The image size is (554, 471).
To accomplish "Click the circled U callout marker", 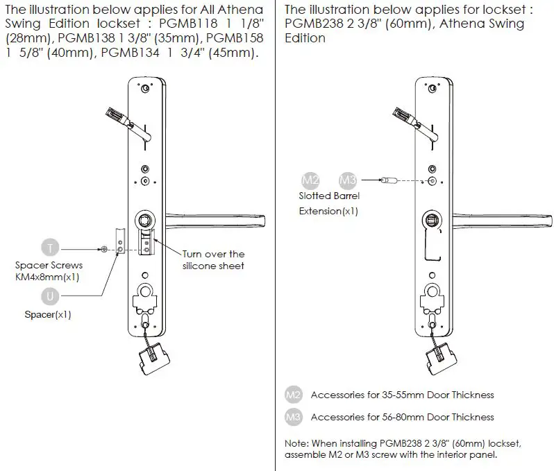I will click(x=50, y=297).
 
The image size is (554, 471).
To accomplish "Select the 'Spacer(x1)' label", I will click(x=48, y=314).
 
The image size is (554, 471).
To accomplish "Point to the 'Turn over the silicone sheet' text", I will click(x=213, y=259).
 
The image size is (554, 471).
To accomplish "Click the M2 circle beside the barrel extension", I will click(x=310, y=180).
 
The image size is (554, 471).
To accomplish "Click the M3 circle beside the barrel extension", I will click(x=348, y=180).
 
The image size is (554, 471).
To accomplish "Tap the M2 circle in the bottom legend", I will click(x=294, y=395).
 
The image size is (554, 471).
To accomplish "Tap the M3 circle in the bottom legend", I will click(x=294, y=417).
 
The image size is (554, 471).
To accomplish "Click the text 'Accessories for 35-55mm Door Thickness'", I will click(x=402, y=395).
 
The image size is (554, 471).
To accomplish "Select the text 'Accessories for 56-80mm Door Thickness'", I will click(x=402, y=417).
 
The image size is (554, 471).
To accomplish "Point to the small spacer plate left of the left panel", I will click(x=120, y=243).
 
